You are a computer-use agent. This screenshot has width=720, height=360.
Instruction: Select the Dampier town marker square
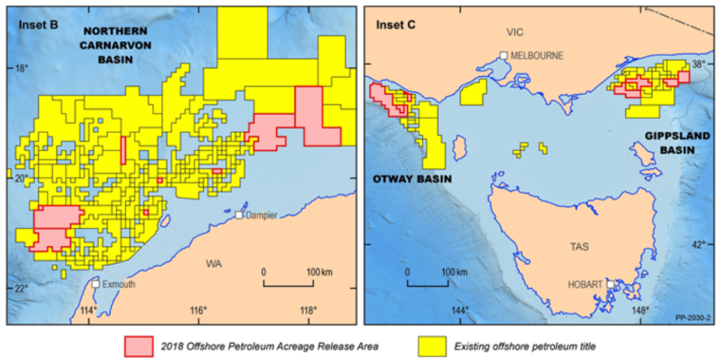pyautogui.click(x=239, y=214)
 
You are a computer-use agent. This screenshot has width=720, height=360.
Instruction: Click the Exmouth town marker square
pyautogui.click(x=95, y=284)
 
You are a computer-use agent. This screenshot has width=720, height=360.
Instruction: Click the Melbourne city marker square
pyautogui.click(x=503, y=55)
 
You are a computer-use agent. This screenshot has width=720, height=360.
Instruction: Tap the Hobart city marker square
pyautogui.click(x=610, y=284)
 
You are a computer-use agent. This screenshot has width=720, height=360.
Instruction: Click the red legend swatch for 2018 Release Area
pyautogui.click(x=138, y=345)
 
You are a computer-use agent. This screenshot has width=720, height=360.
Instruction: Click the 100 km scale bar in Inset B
pyautogui.click(x=288, y=285)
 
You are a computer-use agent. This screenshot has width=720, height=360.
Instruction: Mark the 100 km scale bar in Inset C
pyautogui.click(x=427, y=285)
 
